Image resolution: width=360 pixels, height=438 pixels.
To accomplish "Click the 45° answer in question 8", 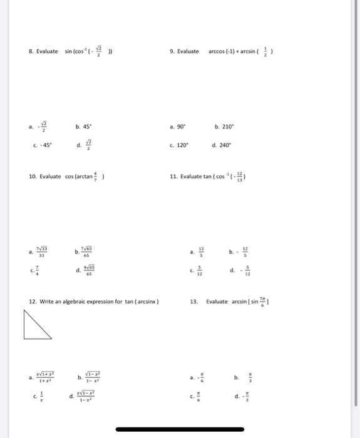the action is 84,126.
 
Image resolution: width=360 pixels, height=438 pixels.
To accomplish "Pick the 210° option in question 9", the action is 224,126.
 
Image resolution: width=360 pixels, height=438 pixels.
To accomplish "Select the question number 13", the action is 194,302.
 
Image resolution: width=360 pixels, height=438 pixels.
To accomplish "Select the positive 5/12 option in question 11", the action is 200,272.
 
